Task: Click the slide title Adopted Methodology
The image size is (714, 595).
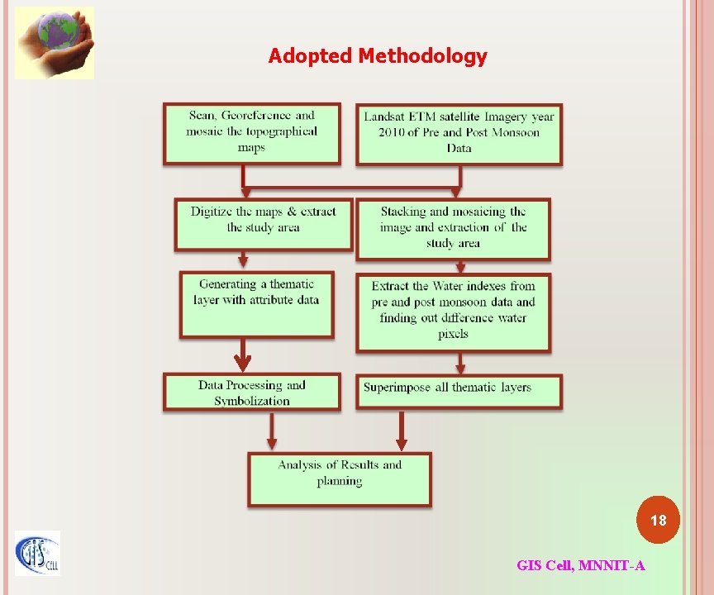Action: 378,56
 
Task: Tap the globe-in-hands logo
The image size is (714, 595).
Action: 55,43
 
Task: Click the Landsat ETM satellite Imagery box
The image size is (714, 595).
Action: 459,133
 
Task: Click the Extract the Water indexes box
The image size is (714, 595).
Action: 453,311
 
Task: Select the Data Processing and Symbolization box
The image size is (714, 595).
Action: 252,393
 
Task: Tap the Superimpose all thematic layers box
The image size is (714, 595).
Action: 459,390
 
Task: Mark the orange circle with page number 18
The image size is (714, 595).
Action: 658,521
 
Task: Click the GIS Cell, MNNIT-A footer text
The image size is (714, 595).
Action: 581,565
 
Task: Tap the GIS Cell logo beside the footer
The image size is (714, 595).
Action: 37,553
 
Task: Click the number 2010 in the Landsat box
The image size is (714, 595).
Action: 393,132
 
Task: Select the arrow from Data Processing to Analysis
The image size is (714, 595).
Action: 270,431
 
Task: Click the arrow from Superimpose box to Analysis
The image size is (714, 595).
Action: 402,431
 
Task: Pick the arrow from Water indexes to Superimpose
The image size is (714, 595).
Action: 461,364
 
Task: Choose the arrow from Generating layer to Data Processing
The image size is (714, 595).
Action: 242,355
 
